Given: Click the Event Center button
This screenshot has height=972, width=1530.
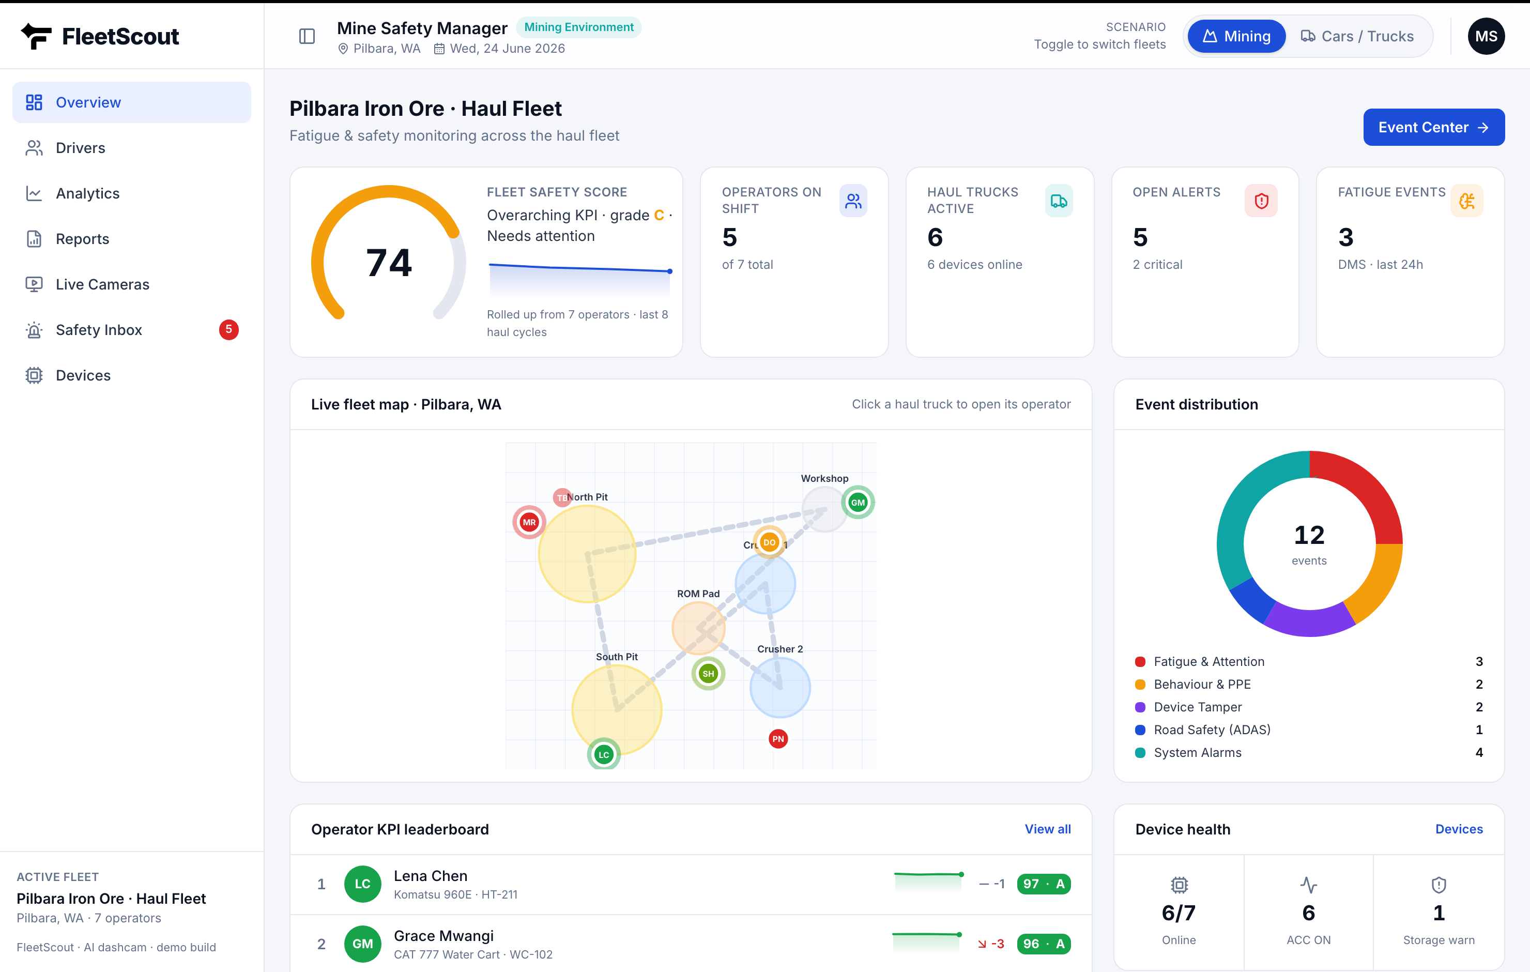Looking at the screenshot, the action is click(1433, 127).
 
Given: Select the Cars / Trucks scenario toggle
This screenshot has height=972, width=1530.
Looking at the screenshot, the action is click(1357, 36).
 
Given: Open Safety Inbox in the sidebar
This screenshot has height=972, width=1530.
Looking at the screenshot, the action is click(99, 329).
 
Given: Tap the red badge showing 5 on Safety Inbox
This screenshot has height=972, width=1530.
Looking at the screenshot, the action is click(229, 329).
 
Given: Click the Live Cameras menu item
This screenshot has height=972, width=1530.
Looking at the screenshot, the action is click(102, 284).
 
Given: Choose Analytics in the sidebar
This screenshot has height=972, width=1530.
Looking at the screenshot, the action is click(88, 193).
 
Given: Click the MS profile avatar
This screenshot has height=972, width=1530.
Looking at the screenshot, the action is click(1486, 36).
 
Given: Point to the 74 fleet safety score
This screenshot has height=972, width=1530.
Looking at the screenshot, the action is click(389, 262).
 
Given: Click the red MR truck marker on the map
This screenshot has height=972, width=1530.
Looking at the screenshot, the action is click(529, 522).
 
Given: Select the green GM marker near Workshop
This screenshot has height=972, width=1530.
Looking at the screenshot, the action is click(858, 502).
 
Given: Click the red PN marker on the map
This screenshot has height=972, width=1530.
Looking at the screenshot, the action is click(778, 739).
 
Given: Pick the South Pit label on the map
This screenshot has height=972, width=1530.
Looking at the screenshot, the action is click(616, 657).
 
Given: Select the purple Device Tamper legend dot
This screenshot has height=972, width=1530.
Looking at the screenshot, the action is click(1140, 707).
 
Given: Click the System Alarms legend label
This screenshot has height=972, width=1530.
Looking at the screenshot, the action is click(1197, 753).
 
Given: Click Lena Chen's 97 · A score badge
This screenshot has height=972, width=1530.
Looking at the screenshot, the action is click(1043, 884).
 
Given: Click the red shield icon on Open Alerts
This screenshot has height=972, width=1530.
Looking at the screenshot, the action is click(1261, 201).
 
